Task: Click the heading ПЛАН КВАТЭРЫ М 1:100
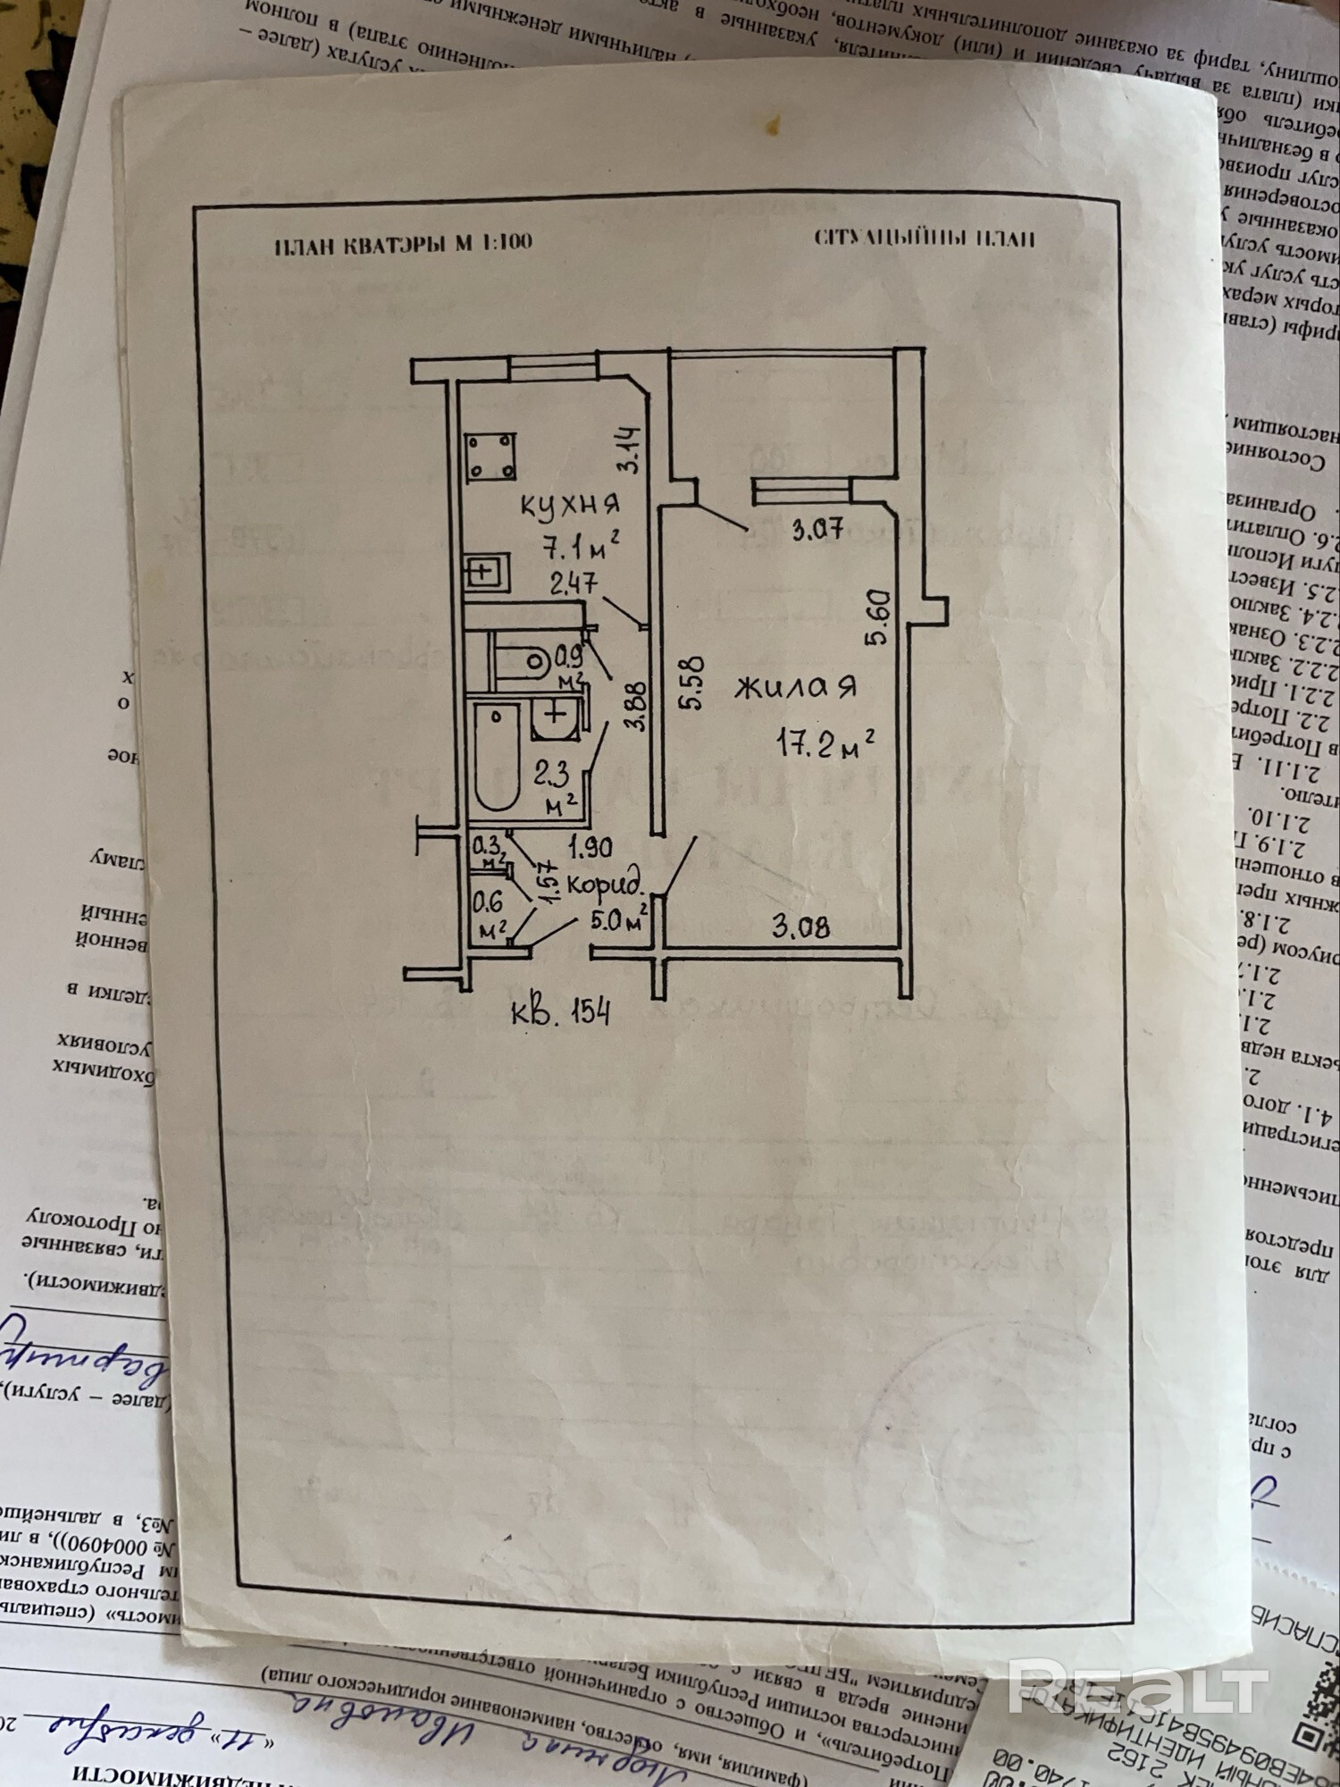(x=403, y=243)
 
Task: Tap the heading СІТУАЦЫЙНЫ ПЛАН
(x=924, y=239)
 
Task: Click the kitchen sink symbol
(x=486, y=572)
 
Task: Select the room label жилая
(x=795, y=687)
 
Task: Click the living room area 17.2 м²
(x=824, y=742)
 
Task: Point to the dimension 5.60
(x=877, y=617)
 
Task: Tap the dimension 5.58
(x=692, y=684)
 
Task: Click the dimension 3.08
(x=800, y=927)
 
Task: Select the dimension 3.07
(x=817, y=530)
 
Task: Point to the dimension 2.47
(x=574, y=584)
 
